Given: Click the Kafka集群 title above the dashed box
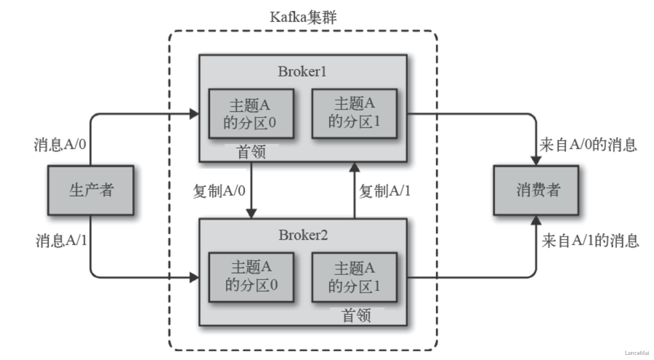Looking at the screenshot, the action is [x=303, y=17].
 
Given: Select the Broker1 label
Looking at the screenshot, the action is [x=302, y=71].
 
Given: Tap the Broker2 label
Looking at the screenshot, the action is [x=303, y=235].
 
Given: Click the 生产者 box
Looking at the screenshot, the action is [x=91, y=190].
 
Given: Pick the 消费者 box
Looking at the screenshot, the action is [x=536, y=190].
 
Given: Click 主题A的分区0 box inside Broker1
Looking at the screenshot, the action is [x=251, y=114].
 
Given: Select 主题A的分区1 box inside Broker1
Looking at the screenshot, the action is [x=354, y=114].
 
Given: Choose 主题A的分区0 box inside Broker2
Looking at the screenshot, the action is [x=251, y=277].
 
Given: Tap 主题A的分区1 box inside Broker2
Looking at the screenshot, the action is [x=354, y=277].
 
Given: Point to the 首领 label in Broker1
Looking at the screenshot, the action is [x=251, y=152].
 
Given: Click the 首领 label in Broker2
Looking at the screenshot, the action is [x=356, y=315].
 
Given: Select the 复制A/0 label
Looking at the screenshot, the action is [x=219, y=191].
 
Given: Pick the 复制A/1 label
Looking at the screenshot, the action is [x=385, y=191].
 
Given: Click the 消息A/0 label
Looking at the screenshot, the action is [x=60, y=144].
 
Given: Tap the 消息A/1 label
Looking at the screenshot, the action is [x=61, y=241].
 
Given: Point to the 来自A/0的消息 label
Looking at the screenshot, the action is [x=588, y=145].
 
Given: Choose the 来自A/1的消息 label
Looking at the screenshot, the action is [x=590, y=241].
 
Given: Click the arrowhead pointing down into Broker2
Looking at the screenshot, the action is [x=251, y=213].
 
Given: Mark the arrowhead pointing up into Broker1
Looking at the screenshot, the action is [x=354, y=167].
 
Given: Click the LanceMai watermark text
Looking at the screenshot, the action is [x=637, y=353].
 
